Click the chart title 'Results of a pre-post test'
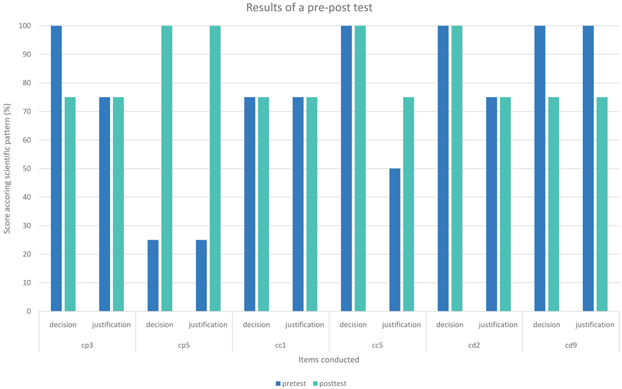pyautogui.click(x=309, y=7)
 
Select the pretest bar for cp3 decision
pyautogui.click(x=57, y=168)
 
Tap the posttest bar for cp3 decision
pyautogui.click(x=70, y=204)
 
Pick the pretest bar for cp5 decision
pyautogui.click(x=153, y=276)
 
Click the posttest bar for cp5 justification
pyautogui.click(x=215, y=168)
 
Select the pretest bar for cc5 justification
pyautogui.click(x=395, y=240)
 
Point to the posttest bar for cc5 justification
pyautogui.click(x=409, y=204)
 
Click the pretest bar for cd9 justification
pyautogui.click(x=588, y=168)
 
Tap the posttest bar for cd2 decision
pyautogui.click(x=457, y=168)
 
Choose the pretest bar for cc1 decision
pyautogui.click(x=250, y=204)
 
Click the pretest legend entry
pyautogui.click(x=290, y=383)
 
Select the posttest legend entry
pyautogui.click(x=330, y=383)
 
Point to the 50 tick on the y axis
pyautogui.click(x=26, y=169)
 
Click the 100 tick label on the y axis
pyautogui.click(x=25, y=26)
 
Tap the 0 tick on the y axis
pyautogui.click(x=29, y=312)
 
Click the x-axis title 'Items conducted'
pyautogui.click(x=329, y=360)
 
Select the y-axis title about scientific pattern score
pyautogui.click(x=7, y=169)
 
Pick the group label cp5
pyautogui.click(x=184, y=345)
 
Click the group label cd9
pyautogui.click(x=571, y=345)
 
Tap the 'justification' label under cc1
pyautogui.click(x=305, y=325)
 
